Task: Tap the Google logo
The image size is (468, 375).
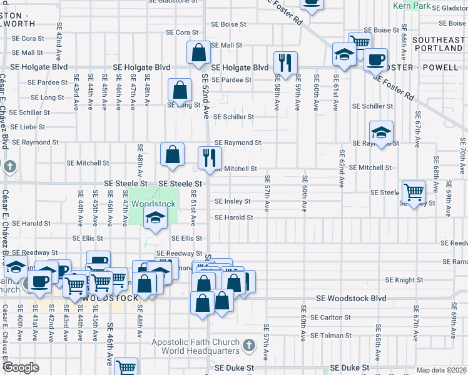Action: click(x=21, y=367)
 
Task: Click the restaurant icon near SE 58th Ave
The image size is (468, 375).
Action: click(x=285, y=62)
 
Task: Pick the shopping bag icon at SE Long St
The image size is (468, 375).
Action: click(x=180, y=89)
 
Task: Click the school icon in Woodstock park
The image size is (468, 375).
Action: click(x=155, y=218)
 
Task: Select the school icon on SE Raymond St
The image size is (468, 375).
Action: click(x=381, y=132)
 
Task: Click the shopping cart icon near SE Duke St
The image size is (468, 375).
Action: click(x=126, y=367)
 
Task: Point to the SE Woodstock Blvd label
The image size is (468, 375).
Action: click(x=351, y=299)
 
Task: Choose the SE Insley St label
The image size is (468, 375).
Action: click(x=233, y=201)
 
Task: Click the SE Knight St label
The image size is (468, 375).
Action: click(x=404, y=280)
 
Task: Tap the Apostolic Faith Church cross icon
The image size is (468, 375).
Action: click(x=248, y=345)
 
